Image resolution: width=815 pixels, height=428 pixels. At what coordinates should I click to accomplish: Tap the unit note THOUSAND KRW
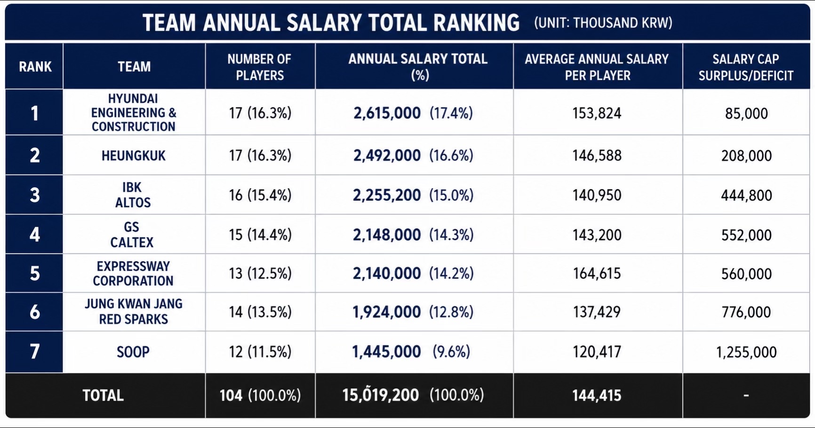[x=623, y=23]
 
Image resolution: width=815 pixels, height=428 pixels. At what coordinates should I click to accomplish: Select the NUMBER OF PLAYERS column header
[x=260, y=67]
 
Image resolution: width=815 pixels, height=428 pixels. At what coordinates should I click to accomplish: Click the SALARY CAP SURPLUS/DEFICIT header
[x=746, y=67]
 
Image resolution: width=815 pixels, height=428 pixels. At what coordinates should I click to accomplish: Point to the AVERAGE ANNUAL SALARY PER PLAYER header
[x=597, y=67]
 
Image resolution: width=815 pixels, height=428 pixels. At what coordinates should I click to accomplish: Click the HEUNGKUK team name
[x=134, y=156]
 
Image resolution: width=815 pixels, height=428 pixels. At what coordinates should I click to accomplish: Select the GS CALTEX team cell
[x=132, y=235]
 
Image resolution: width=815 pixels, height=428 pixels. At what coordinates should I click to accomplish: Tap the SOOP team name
[x=133, y=352]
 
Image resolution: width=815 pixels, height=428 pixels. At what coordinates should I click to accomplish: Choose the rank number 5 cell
[x=35, y=273]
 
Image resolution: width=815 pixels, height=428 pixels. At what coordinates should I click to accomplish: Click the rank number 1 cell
[x=34, y=113]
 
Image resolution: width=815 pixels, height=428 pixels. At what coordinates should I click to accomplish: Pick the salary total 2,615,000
[x=387, y=113]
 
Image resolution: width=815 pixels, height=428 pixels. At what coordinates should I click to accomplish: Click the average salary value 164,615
[x=597, y=273]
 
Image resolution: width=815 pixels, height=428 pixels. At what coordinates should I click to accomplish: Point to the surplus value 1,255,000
[x=746, y=352]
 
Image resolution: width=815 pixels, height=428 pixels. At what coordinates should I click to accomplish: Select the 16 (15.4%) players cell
[x=260, y=195]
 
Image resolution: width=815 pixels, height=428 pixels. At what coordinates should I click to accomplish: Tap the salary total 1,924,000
[x=387, y=312]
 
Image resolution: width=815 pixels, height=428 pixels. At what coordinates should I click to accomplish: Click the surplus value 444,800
[x=746, y=195]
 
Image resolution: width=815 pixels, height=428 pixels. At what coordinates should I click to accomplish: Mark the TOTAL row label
[x=103, y=395]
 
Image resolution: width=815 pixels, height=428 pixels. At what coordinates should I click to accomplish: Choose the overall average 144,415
[x=597, y=395]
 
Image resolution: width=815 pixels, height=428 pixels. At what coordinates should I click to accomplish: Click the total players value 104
[x=231, y=395]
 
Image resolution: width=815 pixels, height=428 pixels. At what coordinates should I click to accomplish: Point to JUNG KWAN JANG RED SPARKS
[x=134, y=311]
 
